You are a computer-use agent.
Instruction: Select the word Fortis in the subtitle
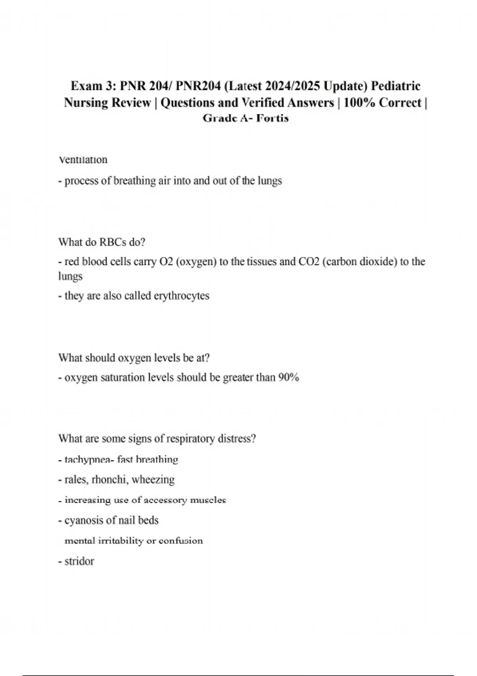point(272,118)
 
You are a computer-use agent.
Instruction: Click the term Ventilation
point(83,160)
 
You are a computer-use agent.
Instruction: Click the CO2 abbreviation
point(309,262)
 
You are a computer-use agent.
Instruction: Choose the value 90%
point(289,377)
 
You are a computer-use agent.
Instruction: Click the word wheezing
point(153,480)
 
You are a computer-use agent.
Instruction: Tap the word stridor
point(79,561)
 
